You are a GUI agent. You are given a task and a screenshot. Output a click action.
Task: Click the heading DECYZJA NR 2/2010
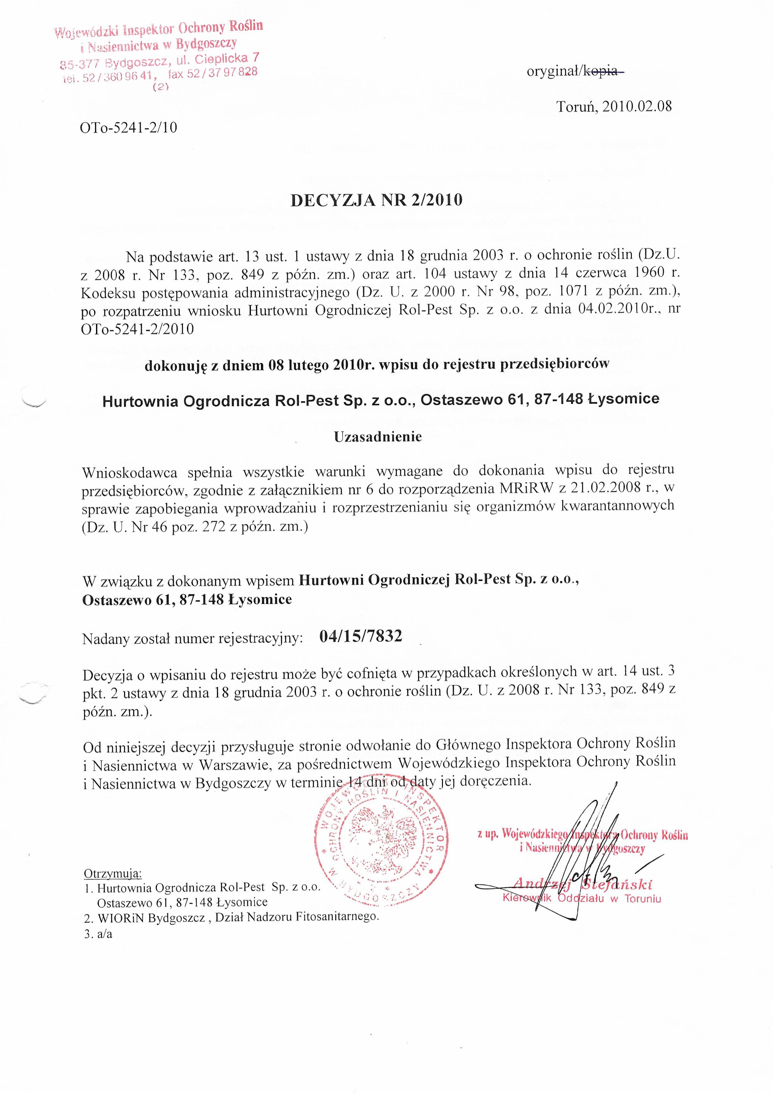click(x=376, y=200)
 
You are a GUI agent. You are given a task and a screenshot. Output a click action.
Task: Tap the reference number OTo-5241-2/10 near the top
click(x=129, y=128)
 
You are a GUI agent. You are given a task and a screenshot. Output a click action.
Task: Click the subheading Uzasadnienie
click(x=378, y=437)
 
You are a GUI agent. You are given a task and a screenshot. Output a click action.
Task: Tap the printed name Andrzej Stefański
click(x=583, y=885)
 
